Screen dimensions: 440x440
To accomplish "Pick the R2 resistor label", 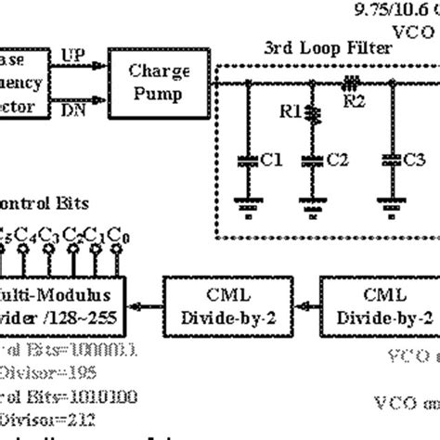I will click(355, 101).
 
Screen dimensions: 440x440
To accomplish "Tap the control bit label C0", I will click(114, 236).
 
